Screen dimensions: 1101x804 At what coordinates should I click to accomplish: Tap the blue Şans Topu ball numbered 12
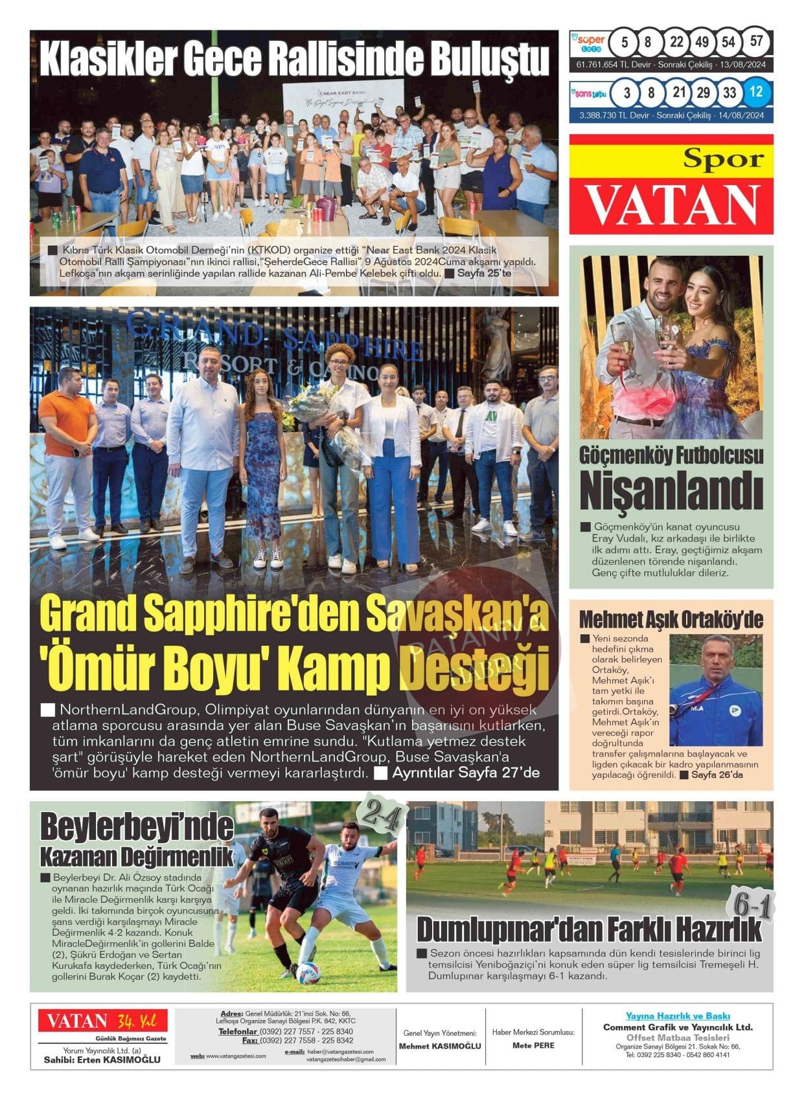tap(755, 92)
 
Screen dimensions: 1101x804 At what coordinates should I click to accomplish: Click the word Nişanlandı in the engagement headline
tap(671, 491)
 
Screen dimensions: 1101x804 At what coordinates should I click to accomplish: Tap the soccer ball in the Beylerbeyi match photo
tap(307, 972)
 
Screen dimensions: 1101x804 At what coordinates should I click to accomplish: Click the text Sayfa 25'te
tap(483, 273)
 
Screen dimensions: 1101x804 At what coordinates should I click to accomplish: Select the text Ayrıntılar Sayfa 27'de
tap(465, 773)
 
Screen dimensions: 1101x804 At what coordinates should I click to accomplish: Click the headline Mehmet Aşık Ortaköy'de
tap(671, 620)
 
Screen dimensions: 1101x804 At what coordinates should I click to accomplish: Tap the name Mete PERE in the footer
tap(533, 1045)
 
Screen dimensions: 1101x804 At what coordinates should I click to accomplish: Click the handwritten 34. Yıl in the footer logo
tap(133, 1021)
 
